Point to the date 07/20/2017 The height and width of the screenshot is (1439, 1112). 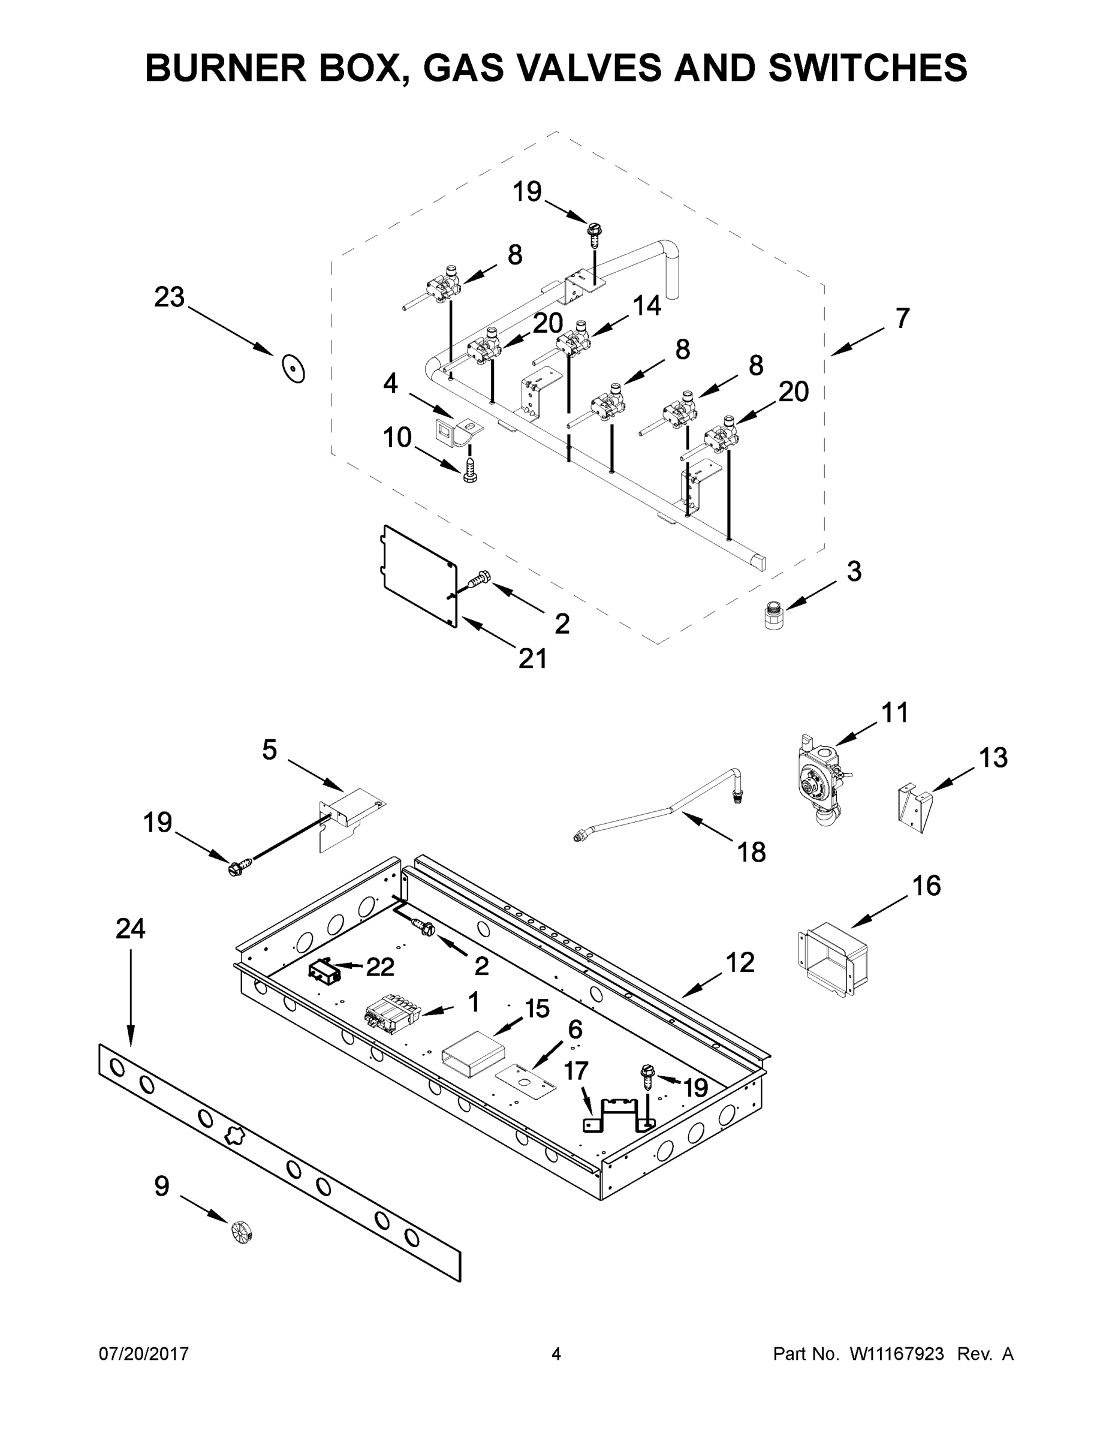(x=144, y=1354)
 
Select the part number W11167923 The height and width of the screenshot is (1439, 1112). (x=897, y=1354)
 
